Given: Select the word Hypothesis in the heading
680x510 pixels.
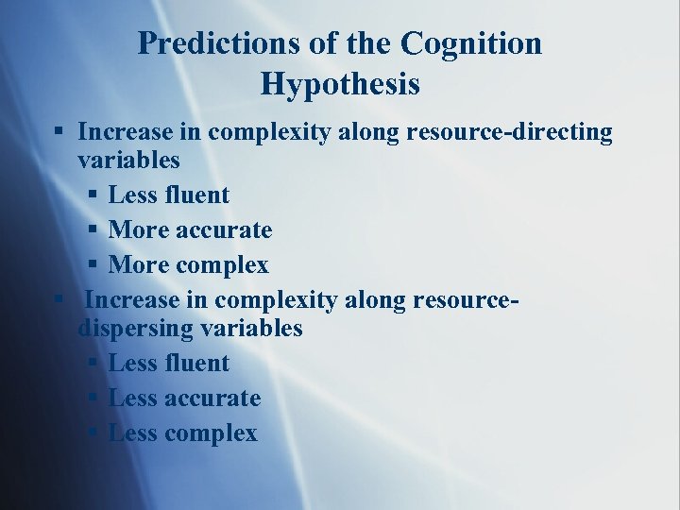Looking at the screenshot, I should point(340,84).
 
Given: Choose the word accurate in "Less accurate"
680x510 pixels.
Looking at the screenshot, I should point(212,398).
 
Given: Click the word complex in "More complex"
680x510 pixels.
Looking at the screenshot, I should point(220,265).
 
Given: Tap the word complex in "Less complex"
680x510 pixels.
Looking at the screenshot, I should point(211,433).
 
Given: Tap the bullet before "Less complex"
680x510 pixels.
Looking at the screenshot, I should point(93,433).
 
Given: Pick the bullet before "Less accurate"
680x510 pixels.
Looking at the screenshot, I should point(93,399).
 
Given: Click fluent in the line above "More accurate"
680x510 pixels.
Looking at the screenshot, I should point(196,195).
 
